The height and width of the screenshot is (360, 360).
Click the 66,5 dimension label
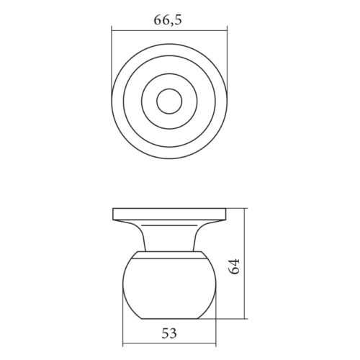[168, 19]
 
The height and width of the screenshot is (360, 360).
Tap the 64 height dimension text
[234, 266]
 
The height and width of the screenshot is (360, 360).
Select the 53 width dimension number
[169, 333]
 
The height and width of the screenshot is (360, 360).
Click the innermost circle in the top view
[169, 102]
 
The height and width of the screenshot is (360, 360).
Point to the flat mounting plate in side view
[169, 214]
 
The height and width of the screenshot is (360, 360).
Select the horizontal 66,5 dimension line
[169, 30]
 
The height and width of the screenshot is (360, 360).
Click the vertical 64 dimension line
[244, 264]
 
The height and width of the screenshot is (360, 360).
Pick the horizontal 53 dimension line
[169, 343]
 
